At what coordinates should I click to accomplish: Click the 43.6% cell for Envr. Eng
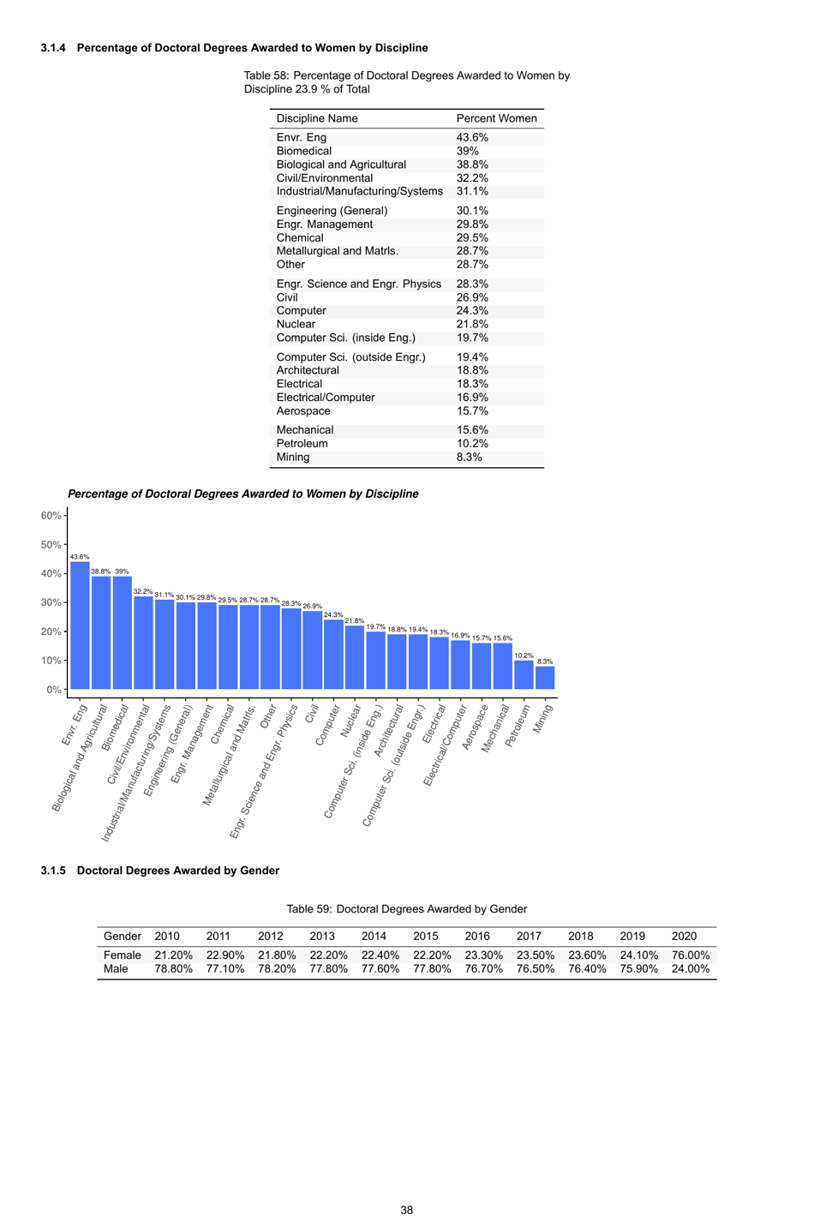point(472,137)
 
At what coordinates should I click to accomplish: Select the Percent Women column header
point(496,118)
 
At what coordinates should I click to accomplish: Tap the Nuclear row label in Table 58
point(296,324)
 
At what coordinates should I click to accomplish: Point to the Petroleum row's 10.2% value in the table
point(472,443)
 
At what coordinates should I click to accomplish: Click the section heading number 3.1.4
point(53,48)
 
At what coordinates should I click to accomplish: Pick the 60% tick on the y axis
point(51,515)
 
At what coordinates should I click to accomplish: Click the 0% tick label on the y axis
point(53,689)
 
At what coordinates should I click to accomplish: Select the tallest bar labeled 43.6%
point(80,625)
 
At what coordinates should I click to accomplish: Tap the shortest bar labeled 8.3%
point(545,678)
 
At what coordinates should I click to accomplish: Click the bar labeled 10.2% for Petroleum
point(524,674)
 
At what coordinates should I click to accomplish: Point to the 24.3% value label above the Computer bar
point(332,614)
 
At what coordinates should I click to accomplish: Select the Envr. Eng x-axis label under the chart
point(75,724)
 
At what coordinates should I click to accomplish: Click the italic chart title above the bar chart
point(242,494)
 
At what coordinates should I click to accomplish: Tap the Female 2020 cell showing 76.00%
point(690,955)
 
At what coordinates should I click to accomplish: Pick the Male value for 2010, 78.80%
point(173,968)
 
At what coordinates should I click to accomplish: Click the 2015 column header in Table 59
point(425,936)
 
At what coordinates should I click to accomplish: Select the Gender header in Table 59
point(122,936)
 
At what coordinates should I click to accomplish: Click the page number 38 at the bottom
point(407,1210)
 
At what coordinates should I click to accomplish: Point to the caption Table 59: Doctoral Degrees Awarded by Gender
point(406,908)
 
